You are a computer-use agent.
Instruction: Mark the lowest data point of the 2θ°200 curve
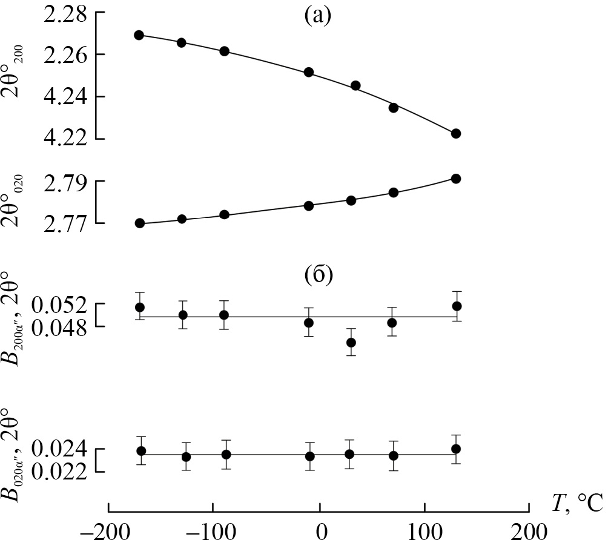point(456,133)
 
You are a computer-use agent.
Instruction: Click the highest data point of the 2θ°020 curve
point(456,179)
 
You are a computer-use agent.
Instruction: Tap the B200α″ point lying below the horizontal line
point(351,343)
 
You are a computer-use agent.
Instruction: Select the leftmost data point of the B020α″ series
point(141,450)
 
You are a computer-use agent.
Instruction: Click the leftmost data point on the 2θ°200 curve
point(139,35)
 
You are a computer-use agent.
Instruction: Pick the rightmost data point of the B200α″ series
point(457,306)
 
